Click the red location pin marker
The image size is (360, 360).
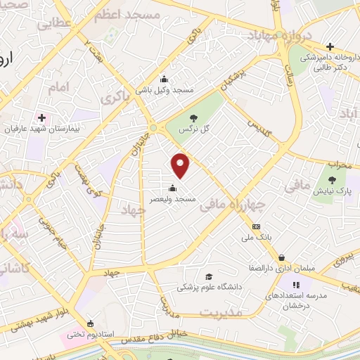[181, 165]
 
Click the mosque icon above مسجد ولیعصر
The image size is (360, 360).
[173, 188]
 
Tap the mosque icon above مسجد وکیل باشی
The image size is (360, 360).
[165, 78]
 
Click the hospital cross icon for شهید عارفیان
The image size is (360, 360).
[41, 117]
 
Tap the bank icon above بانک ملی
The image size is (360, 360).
[256, 226]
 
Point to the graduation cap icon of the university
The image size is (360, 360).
[208, 276]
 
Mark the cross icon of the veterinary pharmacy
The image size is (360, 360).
[330, 46]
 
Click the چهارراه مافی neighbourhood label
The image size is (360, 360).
[233, 205]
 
